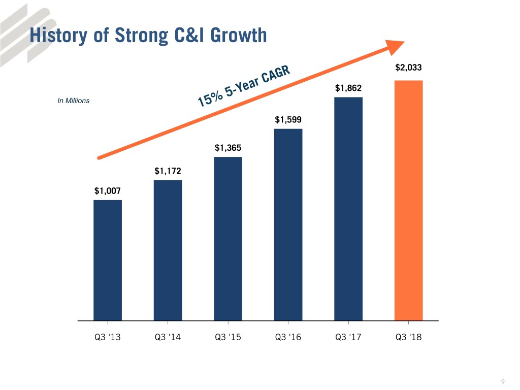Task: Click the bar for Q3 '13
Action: pos(108,260)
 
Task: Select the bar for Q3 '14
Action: pos(168,250)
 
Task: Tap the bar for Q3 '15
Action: pos(228,239)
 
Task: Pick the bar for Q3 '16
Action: pos(288,224)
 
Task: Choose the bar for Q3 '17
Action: pos(348,209)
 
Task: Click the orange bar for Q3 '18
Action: pos(408,201)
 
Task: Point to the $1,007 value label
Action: pos(108,191)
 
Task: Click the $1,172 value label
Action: pos(168,171)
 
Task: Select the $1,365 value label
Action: pos(228,148)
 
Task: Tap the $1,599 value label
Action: pos(288,120)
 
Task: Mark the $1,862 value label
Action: pos(348,88)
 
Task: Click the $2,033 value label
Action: pos(408,68)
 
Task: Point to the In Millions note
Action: pos(74,101)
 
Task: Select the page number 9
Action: pos(503,382)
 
